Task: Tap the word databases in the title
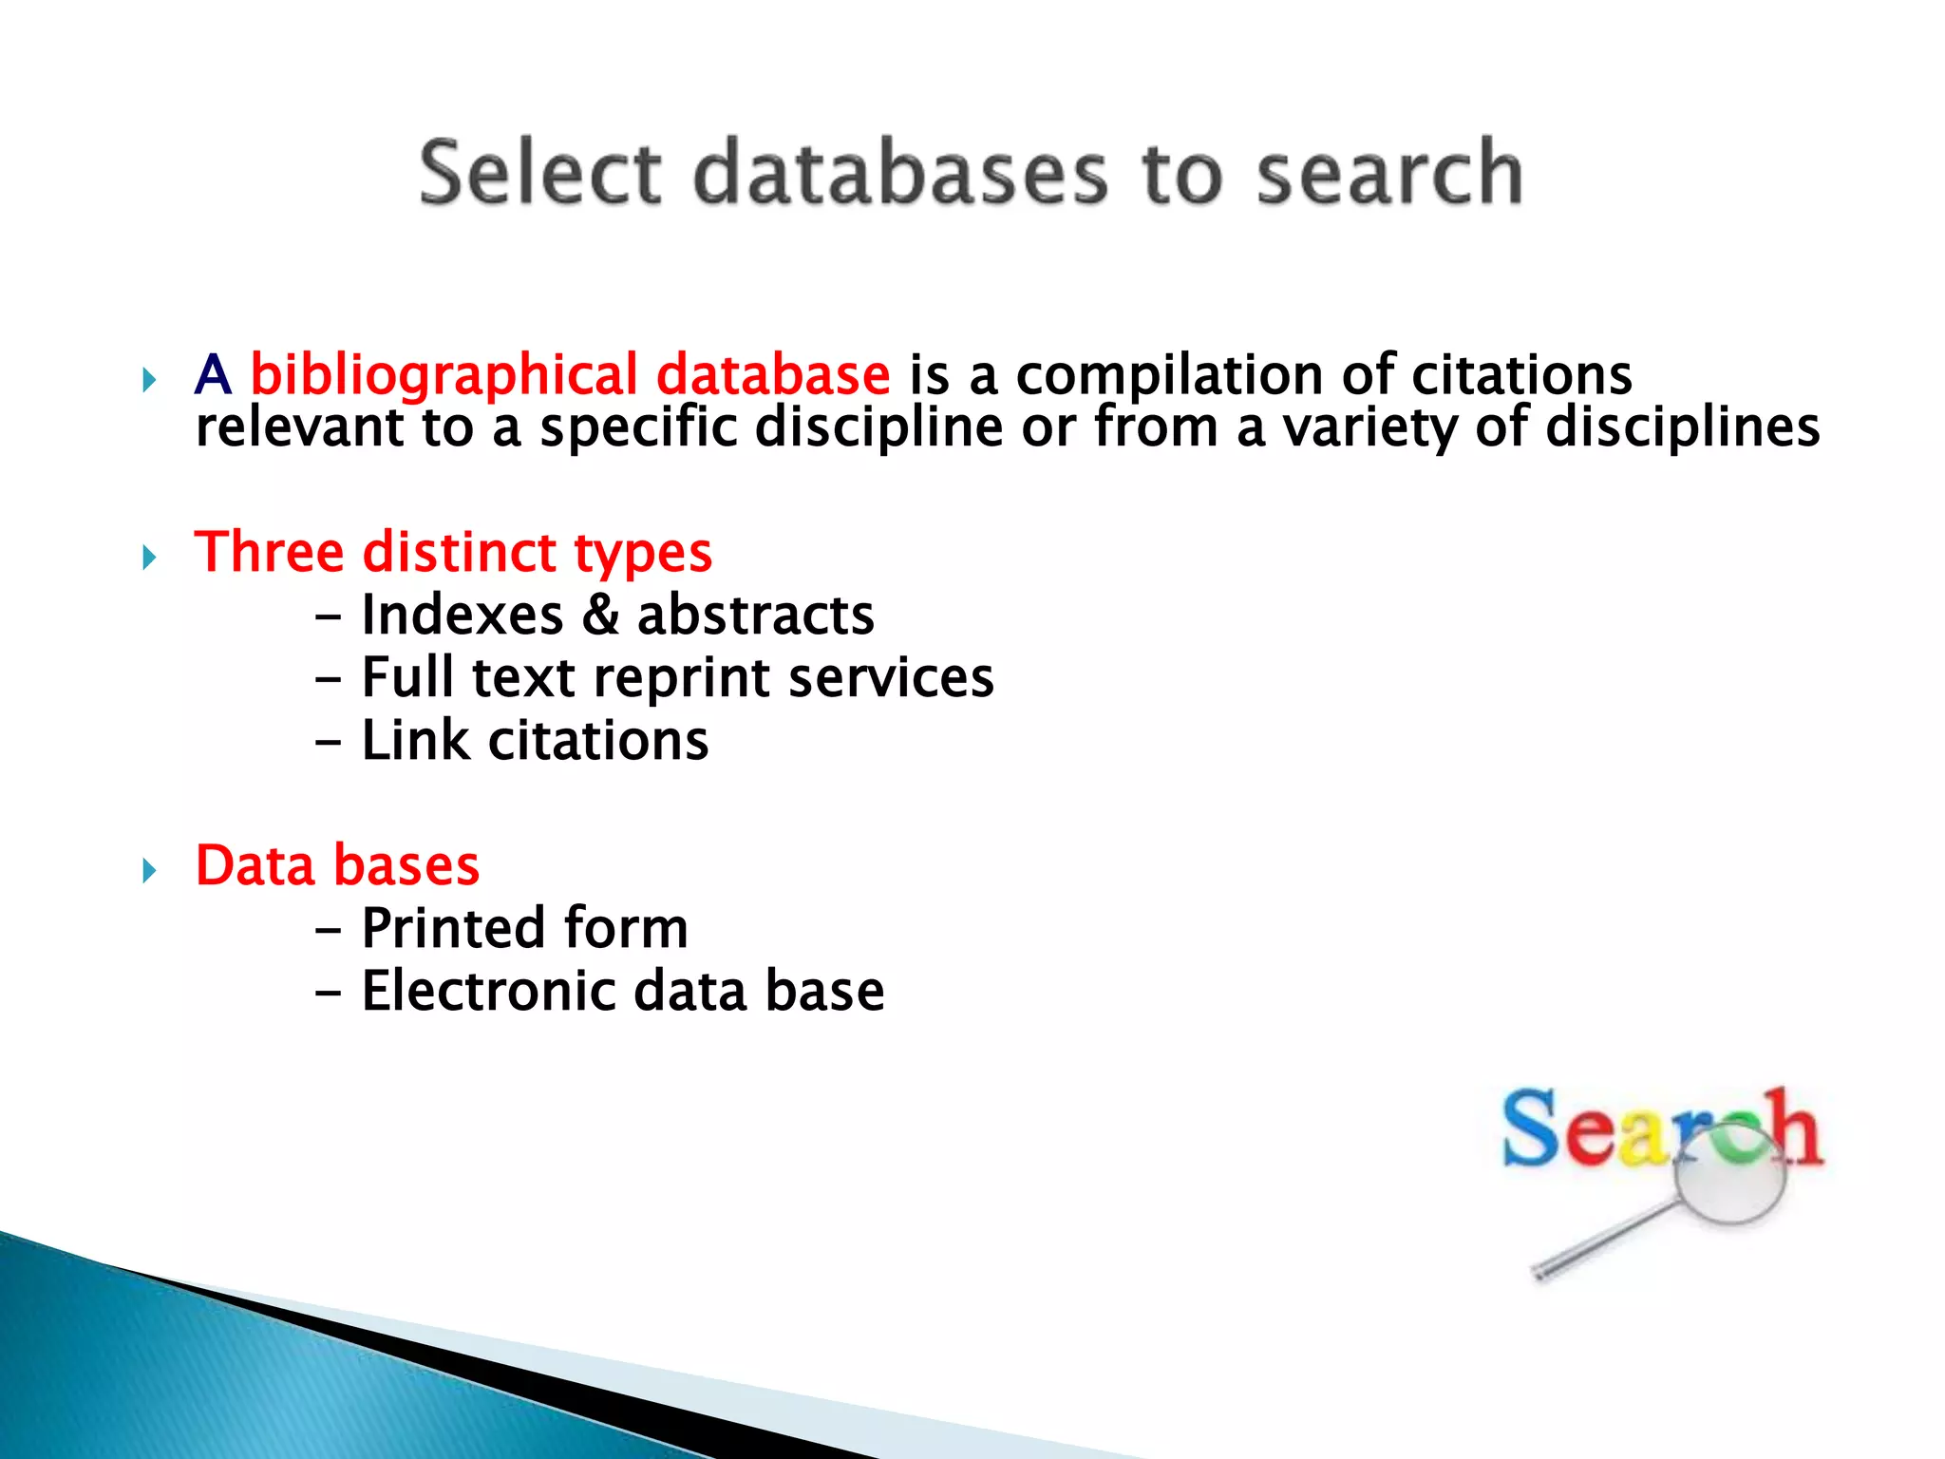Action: [x=900, y=173]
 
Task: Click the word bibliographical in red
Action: [x=444, y=376]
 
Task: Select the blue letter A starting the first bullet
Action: [x=213, y=375]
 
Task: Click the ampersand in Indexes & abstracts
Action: [x=600, y=615]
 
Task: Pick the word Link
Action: [x=415, y=741]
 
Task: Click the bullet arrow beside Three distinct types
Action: [x=149, y=557]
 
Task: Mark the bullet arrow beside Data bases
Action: [x=149, y=870]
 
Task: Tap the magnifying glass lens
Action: [x=1729, y=1179]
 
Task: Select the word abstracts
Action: [x=755, y=615]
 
